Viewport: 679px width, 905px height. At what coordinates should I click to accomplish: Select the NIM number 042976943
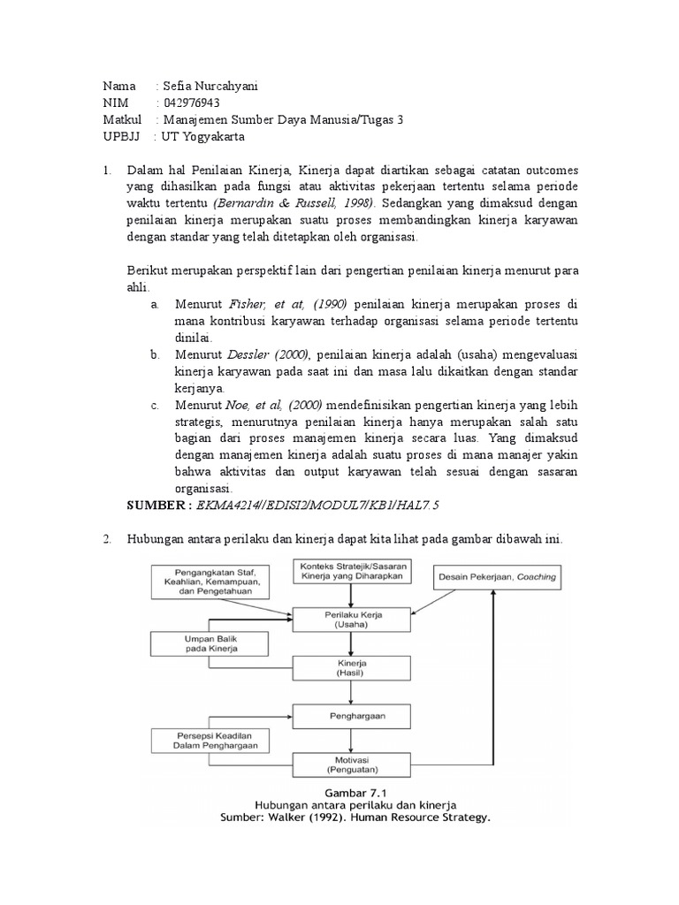(x=191, y=103)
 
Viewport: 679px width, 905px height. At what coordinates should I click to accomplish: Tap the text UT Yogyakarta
(x=202, y=137)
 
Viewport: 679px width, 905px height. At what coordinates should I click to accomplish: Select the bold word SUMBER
(x=156, y=505)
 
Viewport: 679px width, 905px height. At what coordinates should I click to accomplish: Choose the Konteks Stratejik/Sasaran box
(x=351, y=570)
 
